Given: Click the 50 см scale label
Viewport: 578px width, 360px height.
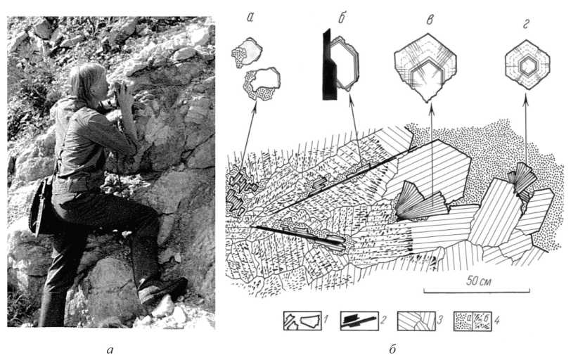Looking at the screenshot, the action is click(x=478, y=281).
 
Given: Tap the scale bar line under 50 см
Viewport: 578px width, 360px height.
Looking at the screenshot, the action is click(x=477, y=290).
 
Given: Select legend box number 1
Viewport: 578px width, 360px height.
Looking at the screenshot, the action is click(x=302, y=320).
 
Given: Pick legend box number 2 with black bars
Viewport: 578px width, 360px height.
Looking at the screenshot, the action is click(x=359, y=320).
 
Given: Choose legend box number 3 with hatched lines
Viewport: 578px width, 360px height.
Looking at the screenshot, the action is click(x=416, y=321).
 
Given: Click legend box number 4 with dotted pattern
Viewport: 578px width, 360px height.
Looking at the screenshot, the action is click(x=473, y=321).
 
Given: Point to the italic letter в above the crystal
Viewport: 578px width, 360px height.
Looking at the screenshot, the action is click(x=430, y=20).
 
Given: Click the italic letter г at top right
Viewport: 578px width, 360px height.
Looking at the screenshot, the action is click(x=526, y=24).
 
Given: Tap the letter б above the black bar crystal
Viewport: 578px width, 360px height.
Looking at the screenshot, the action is click(x=342, y=18).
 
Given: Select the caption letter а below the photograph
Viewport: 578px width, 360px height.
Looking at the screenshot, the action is click(x=110, y=349).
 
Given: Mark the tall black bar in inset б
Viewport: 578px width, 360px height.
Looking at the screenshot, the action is click(x=330, y=65).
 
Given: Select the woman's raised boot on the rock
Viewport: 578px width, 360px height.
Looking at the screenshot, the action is click(x=162, y=289).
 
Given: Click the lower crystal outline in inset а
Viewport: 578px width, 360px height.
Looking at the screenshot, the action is click(x=262, y=83).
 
